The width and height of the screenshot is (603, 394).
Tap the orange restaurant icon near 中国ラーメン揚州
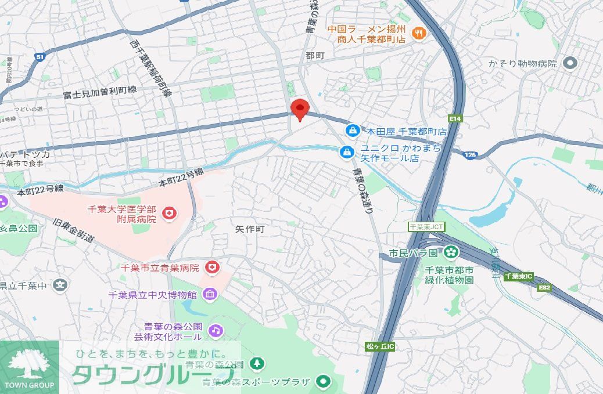(x=417, y=34)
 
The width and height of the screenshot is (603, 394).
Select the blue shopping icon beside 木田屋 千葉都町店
(x=351, y=131)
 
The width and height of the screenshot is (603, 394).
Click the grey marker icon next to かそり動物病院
(x=570, y=63)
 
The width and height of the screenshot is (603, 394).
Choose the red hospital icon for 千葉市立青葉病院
(x=213, y=268)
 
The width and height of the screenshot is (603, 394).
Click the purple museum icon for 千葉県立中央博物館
(x=209, y=295)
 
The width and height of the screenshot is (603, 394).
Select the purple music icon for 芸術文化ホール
(x=216, y=330)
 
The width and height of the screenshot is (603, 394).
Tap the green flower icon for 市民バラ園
(x=450, y=253)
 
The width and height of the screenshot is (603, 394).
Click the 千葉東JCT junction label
(x=426, y=227)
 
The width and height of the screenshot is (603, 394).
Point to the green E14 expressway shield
(x=455, y=119)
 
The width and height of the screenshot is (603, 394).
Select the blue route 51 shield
(x=40, y=56)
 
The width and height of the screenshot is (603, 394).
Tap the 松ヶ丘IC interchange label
(x=380, y=346)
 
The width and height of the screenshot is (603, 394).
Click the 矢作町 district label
(x=250, y=229)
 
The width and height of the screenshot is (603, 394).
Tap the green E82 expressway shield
(x=544, y=286)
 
